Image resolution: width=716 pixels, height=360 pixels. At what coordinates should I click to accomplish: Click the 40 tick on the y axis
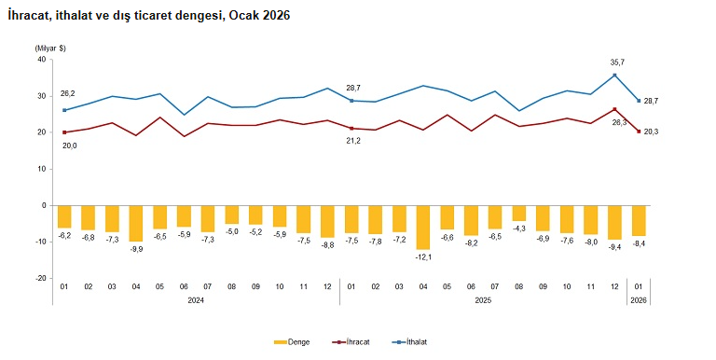pyautogui.click(x=41, y=60)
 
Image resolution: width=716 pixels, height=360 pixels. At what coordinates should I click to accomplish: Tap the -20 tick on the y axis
pyautogui.click(x=40, y=278)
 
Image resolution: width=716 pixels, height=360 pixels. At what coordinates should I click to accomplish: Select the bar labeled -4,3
pyautogui.click(x=519, y=213)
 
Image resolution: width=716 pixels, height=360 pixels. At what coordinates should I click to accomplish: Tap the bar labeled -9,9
pyautogui.click(x=136, y=223)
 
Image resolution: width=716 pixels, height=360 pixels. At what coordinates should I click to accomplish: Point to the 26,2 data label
pyautogui.click(x=68, y=93)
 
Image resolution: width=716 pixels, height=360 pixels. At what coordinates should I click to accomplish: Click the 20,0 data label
pyautogui.click(x=69, y=145)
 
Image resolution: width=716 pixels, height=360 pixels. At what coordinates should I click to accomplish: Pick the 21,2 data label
pyautogui.click(x=354, y=141)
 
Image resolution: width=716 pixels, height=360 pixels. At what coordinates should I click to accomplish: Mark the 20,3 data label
pyautogui.click(x=652, y=132)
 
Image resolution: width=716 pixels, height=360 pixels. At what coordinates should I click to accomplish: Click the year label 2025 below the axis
pyautogui.click(x=483, y=300)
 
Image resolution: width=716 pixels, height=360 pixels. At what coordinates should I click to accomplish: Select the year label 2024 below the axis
pyautogui.click(x=196, y=300)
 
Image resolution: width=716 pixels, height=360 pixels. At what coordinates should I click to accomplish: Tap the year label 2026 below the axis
pyautogui.click(x=638, y=300)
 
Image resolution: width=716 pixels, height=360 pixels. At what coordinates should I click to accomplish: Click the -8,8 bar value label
pyautogui.click(x=327, y=245)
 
